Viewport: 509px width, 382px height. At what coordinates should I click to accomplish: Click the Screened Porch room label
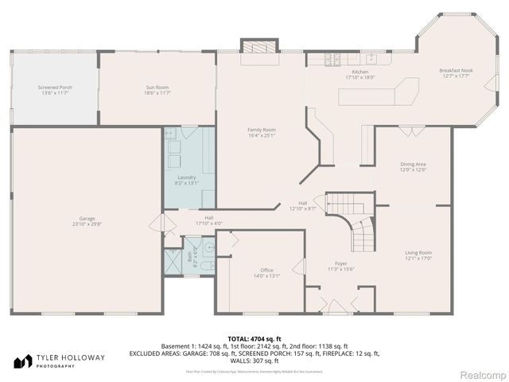54,87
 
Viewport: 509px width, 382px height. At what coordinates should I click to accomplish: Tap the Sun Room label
157,87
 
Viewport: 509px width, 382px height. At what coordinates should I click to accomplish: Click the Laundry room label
187,177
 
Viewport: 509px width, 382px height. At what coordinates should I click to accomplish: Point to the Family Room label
261,130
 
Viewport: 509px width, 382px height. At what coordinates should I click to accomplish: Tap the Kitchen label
359,72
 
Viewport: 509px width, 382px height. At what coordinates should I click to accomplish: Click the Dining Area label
413,164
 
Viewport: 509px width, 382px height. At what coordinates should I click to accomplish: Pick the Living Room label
418,253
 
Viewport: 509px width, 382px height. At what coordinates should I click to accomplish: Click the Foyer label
340,263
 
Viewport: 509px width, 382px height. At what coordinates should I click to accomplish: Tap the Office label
266,271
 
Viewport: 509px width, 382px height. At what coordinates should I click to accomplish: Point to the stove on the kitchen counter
332,60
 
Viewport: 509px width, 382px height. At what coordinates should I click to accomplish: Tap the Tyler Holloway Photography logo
60,361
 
